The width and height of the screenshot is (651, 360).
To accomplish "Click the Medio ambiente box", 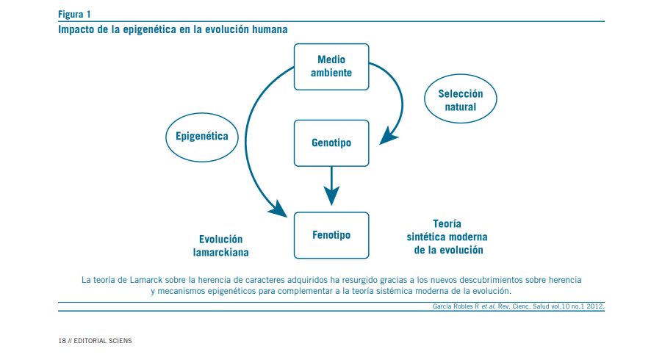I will (331, 66).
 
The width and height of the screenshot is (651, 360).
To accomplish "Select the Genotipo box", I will (331, 142).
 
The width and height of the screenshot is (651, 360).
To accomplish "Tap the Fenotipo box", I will (331, 235).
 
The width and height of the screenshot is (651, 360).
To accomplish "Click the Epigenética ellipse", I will (202, 136).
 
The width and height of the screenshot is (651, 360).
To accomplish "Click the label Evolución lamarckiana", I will (220, 245).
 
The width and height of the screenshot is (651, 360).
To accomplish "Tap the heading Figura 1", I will (75, 14).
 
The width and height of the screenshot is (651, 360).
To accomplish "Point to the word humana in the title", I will (267, 29).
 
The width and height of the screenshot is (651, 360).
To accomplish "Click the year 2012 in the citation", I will (594, 306).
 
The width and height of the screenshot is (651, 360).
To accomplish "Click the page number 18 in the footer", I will (62, 341).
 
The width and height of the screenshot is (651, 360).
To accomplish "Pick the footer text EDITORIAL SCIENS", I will (103, 341).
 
